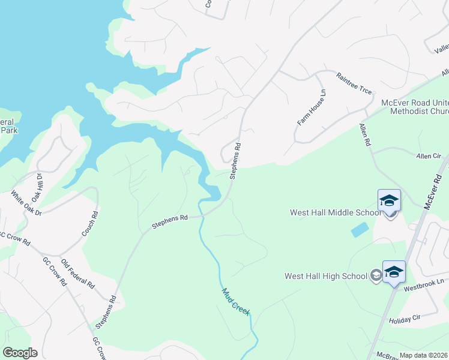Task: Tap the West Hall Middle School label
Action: click(x=333, y=212)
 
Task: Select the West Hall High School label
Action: click(x=325, y=276)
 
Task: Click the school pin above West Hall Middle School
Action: click(x=389, y=201)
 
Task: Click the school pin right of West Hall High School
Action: click(x=394, y=272)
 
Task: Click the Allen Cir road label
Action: click(x=429, y=156)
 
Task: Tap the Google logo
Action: click(x=20, y=353)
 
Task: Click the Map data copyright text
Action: click(x=424, y=355)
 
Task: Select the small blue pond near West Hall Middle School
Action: click(x=360, y=229)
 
